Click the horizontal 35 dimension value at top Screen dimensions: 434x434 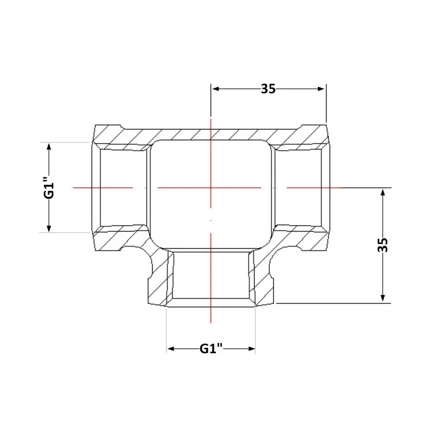pyautogui.click(x=268, y=89)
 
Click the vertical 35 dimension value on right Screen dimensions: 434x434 pyautogui.click(x=383, y=245)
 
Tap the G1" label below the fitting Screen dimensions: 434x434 pyautogui.click(x=211, y=348)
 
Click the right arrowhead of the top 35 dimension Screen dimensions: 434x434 pyautogui.click(x=321, y=89)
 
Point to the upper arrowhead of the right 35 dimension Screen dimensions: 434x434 pyautogui.click(x=383, y=193)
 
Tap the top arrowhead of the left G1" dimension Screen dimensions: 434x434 pyautogui.click(x=49, y=147)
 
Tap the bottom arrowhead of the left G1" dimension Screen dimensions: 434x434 pyautogui.click(x=49, y=227)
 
